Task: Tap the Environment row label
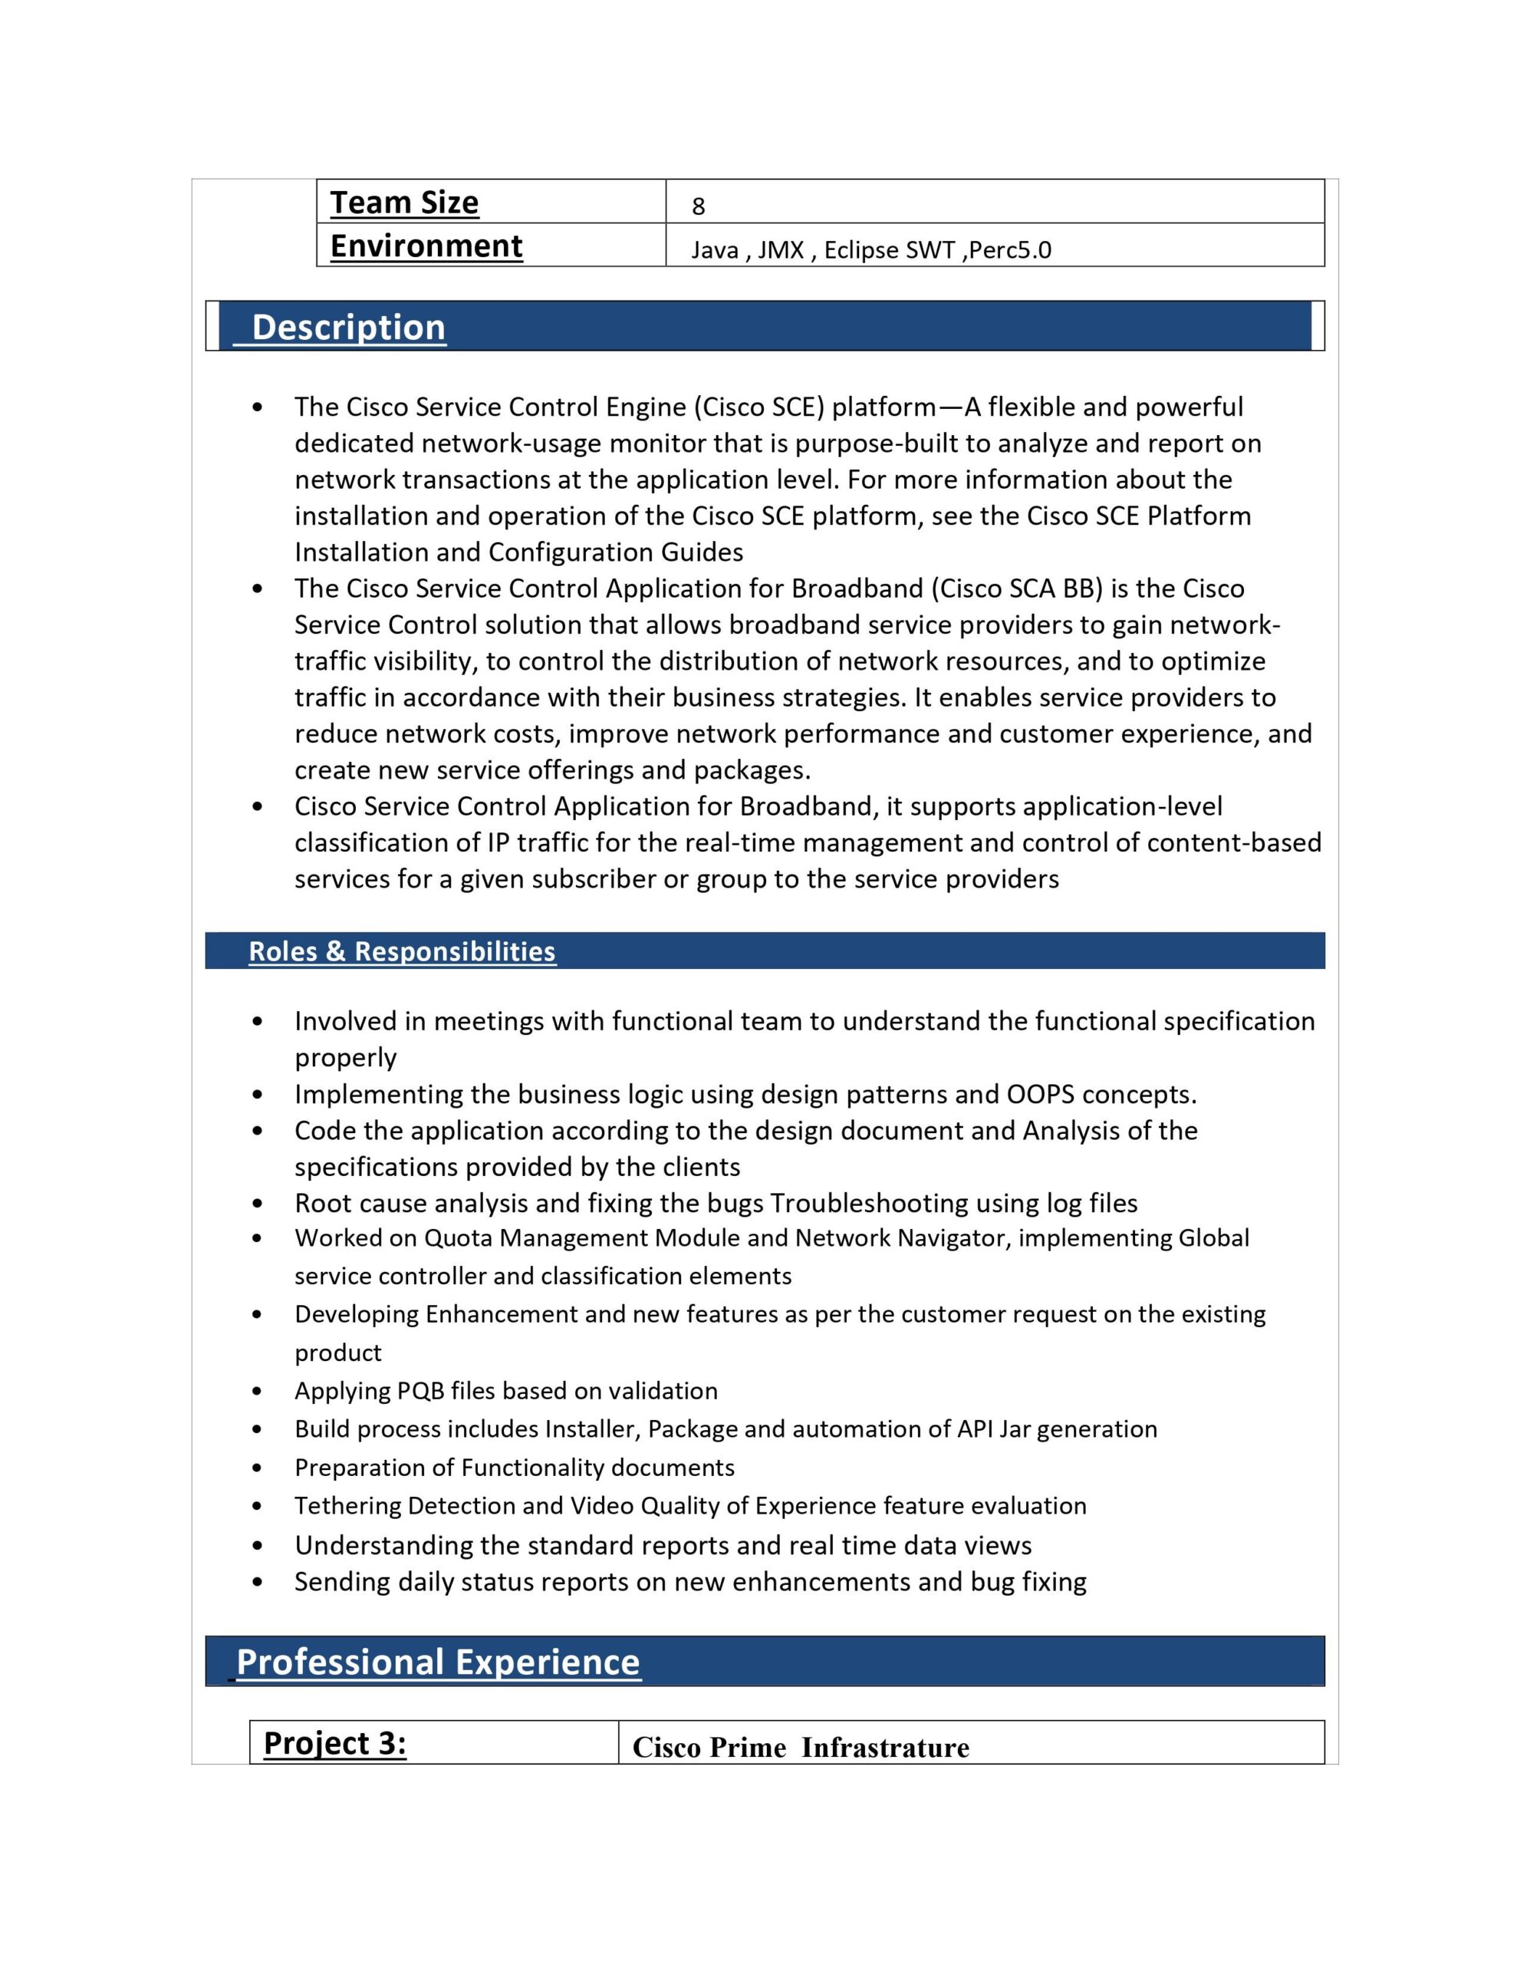click(x=426, y=245)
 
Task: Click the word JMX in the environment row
click(x=780, y=250)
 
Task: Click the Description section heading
click(x=348, y=328)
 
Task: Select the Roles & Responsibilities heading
click(x=402, y=951)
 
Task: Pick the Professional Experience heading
click(x=438, y=1662)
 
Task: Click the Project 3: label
click(x=334, y=1743)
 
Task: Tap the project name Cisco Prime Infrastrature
click(x=801, y=1748)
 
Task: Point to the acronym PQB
click(x=421, y=1391)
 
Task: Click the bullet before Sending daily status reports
click(x=258, y=1582)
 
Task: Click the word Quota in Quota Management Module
click(x=458, y=1238)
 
